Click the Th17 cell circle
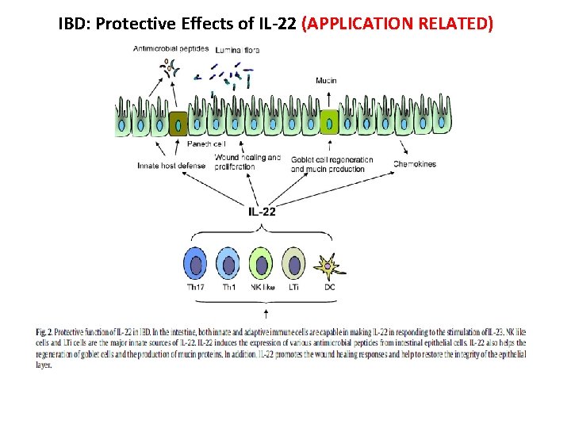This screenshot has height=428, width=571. (x=194, y=263)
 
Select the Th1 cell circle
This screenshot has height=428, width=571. (x=228, y=263)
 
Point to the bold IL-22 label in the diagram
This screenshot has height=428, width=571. (x=262, y=212)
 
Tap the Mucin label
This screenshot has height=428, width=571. (x=326, y=81)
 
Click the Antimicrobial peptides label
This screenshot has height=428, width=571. (x=171, y=48)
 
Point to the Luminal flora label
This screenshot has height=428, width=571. (x=237, y=50)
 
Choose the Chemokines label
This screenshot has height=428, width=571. (x=414, y=165)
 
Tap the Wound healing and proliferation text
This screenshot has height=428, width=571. (x=247, y=162)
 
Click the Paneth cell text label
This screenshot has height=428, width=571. (x=206, y=144)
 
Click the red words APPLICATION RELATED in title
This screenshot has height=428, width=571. (x=397, y=23)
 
